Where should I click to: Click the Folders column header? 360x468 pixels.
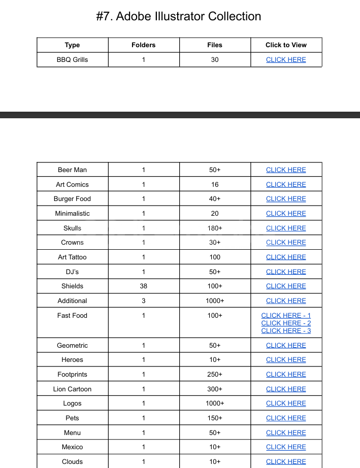pyautogui.click(x=144, y=45)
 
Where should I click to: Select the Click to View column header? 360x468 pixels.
pyautogui.click(x=286, y=45)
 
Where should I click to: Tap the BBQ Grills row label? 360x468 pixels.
pyautogui.click(x=72, y=59)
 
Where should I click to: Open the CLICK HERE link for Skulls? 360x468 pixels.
pyautogui.click(x=286, y=228)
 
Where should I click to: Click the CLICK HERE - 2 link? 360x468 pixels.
pyautogui.click(x=286, y=323)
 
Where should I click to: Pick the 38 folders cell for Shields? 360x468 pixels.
pyautogui.click(x=144, y=286)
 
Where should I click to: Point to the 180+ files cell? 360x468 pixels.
pyautogui.click(x=215, y=228)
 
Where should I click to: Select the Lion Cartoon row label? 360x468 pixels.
pyautogui.click(x=72, y=389)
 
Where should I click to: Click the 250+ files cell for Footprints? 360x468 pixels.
pyautogui.click(x=215, y=374)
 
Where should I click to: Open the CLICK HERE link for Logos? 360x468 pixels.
pyautogui.click(x=286, y=404)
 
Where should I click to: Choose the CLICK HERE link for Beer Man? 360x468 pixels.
pyautogui.click(x=286, y=170)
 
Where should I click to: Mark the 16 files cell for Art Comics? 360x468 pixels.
pyautogui.click(x=215, y=184)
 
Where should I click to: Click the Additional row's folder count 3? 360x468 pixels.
pyautogui.click(x=144, y=300)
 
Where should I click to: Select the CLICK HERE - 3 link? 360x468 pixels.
pyautogui.click(x=286, y=330)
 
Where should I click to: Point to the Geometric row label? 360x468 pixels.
pyautogui.click(x=72, y=345)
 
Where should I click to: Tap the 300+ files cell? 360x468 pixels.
pyautogui.click(x=215, y=389)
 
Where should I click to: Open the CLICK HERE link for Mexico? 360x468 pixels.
pyautogui.click(x=286, y=447)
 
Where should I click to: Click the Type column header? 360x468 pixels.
pyautogui.click(x=72, y=45)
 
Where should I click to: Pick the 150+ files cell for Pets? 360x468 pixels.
pyautogui.click(x=215, y=418)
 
